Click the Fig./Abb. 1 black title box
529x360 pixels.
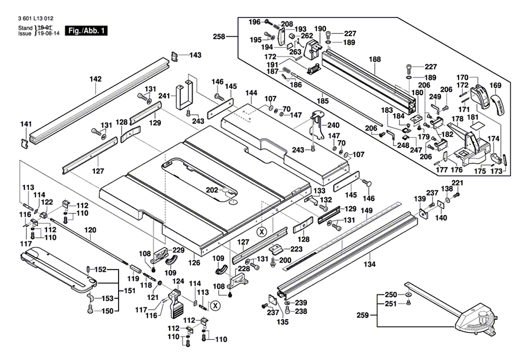click(x=86, y=31)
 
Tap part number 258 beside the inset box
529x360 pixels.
click(x=219, y=37)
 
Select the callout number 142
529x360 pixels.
click(x=95, y=79)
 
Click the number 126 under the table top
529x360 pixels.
click(x=194, y=263)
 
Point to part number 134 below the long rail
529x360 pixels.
click(x=369, y=264)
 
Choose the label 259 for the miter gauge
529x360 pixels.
click(x=363, y=316)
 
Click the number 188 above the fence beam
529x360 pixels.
click(x=375, y=59)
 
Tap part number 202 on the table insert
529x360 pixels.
click(x=212, y=191)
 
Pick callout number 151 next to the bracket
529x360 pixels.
click(x=130, y=291)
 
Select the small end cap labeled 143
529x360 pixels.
click(x=175, y=57)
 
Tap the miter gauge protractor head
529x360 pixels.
click(x=477, y=322)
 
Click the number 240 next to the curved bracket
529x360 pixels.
click(x=333, y=125)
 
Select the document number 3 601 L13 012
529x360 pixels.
click(x=36, y=19)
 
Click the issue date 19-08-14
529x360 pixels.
click(x=48, y=33)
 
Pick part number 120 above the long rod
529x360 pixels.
click(x=90, y=230)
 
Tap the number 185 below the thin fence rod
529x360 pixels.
click(x=323, y=101)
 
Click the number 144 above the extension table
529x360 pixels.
click(x=251, y=93)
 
